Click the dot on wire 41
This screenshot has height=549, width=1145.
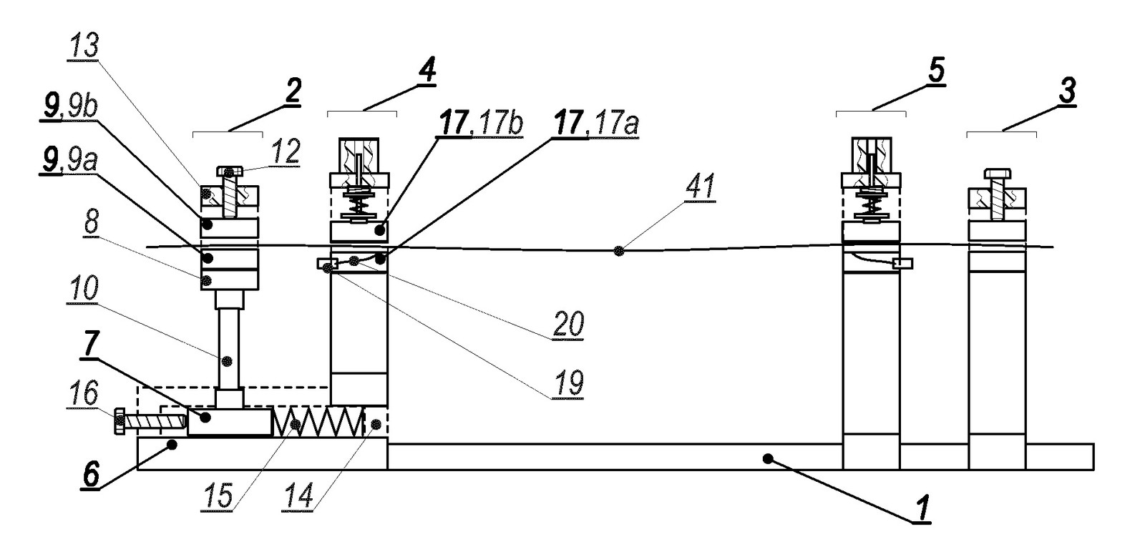pos(620,251)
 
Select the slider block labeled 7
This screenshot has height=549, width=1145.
pos(230,422)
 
